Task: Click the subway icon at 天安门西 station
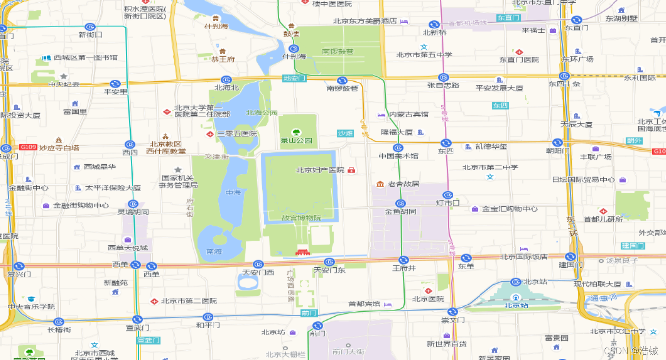click(258, 264)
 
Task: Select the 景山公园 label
click(296, 140)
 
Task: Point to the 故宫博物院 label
click(301, 218)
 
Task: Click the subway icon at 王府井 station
click(403, 260)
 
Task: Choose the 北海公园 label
click(262, 112)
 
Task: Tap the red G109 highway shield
click(28, 147)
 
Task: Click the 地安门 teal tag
click(294, 78)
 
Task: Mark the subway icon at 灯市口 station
click(447, 195)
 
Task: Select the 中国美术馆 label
click(399, 156)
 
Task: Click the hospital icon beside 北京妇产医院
click(351, 170)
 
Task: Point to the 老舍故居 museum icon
click(380, 184)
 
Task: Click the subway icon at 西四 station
click(130, 144)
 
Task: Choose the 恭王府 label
click(223, 59)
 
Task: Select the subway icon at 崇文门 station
click(453, 311)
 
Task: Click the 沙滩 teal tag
click(345, 133)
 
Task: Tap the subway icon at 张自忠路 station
click(443, 77)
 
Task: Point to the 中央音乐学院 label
click(31, 307)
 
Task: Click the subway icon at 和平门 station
click(208, 317)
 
